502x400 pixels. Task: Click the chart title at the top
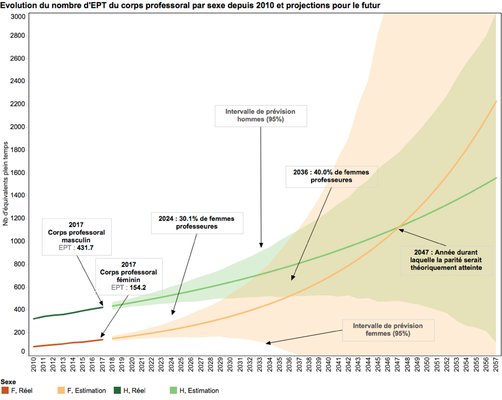tap(190, 5)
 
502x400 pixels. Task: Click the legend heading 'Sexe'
tap(8, 382)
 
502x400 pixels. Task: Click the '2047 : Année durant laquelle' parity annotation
tap(446, 260)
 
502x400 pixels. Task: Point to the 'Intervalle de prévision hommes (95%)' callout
tap(261, 115)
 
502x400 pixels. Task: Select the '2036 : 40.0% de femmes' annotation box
tap(331, 176)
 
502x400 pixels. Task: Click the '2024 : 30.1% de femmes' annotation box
tap(197, 222)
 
